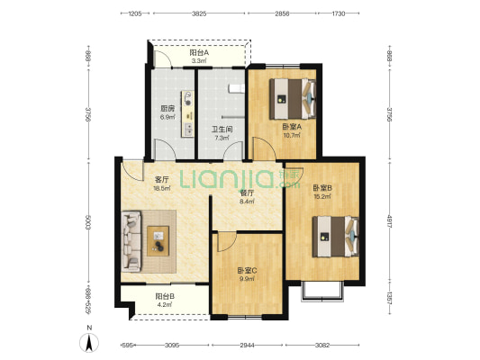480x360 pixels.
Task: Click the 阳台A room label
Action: click(199, 52)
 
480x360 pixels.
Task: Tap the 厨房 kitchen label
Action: click(168, 109)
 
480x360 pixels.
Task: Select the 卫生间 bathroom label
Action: click(222, 130)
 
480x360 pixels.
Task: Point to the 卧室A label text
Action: click(292, 127)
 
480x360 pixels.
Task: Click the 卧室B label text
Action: click(322, 188)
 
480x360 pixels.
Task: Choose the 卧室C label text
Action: click(247, 271)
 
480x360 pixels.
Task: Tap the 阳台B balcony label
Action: click(165, 296)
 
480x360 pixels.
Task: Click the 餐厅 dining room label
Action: click(247, 193)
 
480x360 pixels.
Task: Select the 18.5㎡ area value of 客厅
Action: click(162, 188)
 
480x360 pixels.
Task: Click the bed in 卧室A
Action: click(293, 99)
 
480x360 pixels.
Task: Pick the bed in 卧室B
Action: click(336, 237)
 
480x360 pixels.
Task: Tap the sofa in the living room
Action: click(131, 241)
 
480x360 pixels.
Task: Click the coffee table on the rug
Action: click(158, 241)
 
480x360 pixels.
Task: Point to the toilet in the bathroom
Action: click(236, 88)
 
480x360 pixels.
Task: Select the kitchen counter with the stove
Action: click(187, 113)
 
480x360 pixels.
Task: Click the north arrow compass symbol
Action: click(89, 343)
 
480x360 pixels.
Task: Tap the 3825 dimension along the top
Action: click(199, 13)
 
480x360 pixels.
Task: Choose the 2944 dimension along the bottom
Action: click(247, 346)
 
